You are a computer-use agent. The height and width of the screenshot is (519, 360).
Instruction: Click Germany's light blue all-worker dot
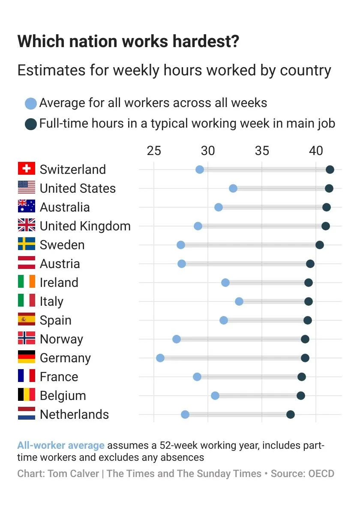point(160,358)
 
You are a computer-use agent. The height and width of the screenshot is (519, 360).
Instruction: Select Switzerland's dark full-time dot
point(330,170)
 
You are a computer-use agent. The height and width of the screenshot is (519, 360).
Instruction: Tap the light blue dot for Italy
point(239,301)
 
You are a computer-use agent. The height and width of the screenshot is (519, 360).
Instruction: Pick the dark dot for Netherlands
point(291,414)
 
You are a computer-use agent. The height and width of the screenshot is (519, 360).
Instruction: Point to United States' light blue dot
point(233,188)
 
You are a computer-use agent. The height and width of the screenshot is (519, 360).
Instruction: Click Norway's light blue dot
point(177,339)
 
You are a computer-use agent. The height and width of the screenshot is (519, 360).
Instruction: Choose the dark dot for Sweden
point(319,245)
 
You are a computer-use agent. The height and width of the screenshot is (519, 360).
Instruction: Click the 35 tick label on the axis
point(262,151)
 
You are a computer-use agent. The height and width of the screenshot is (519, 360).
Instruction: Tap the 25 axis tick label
point(153,151)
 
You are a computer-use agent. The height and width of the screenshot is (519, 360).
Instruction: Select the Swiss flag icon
point(27,169)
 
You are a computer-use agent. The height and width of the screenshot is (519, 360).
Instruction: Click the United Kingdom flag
point(27,225)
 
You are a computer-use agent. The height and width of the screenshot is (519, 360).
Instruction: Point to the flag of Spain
point(27,319)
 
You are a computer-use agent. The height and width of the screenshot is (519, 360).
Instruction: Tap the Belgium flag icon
point(27,395)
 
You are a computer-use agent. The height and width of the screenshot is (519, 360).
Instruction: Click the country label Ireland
point(59,283)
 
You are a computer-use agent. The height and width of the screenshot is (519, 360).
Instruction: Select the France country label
point(59,377)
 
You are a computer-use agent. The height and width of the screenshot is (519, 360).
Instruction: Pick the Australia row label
point(65,207)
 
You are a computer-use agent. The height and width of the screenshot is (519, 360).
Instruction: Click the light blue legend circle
point(31,104)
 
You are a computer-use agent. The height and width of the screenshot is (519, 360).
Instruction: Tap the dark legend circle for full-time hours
point(31,124)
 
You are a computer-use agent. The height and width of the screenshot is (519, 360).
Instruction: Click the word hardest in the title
point(205,42)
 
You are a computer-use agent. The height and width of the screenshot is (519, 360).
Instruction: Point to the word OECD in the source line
point(321,474)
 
